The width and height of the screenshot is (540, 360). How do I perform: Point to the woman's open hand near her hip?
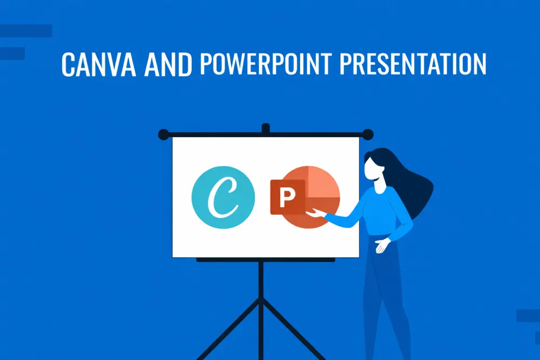click(x=382, y=244)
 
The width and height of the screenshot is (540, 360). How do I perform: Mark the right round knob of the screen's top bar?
click(x=368, y=134)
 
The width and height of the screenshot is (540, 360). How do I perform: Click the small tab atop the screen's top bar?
click(x=265, y=128)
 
